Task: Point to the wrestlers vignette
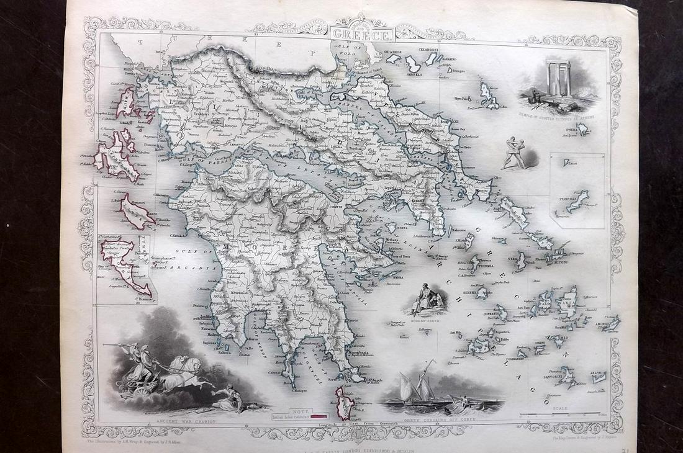tap(513, 153)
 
